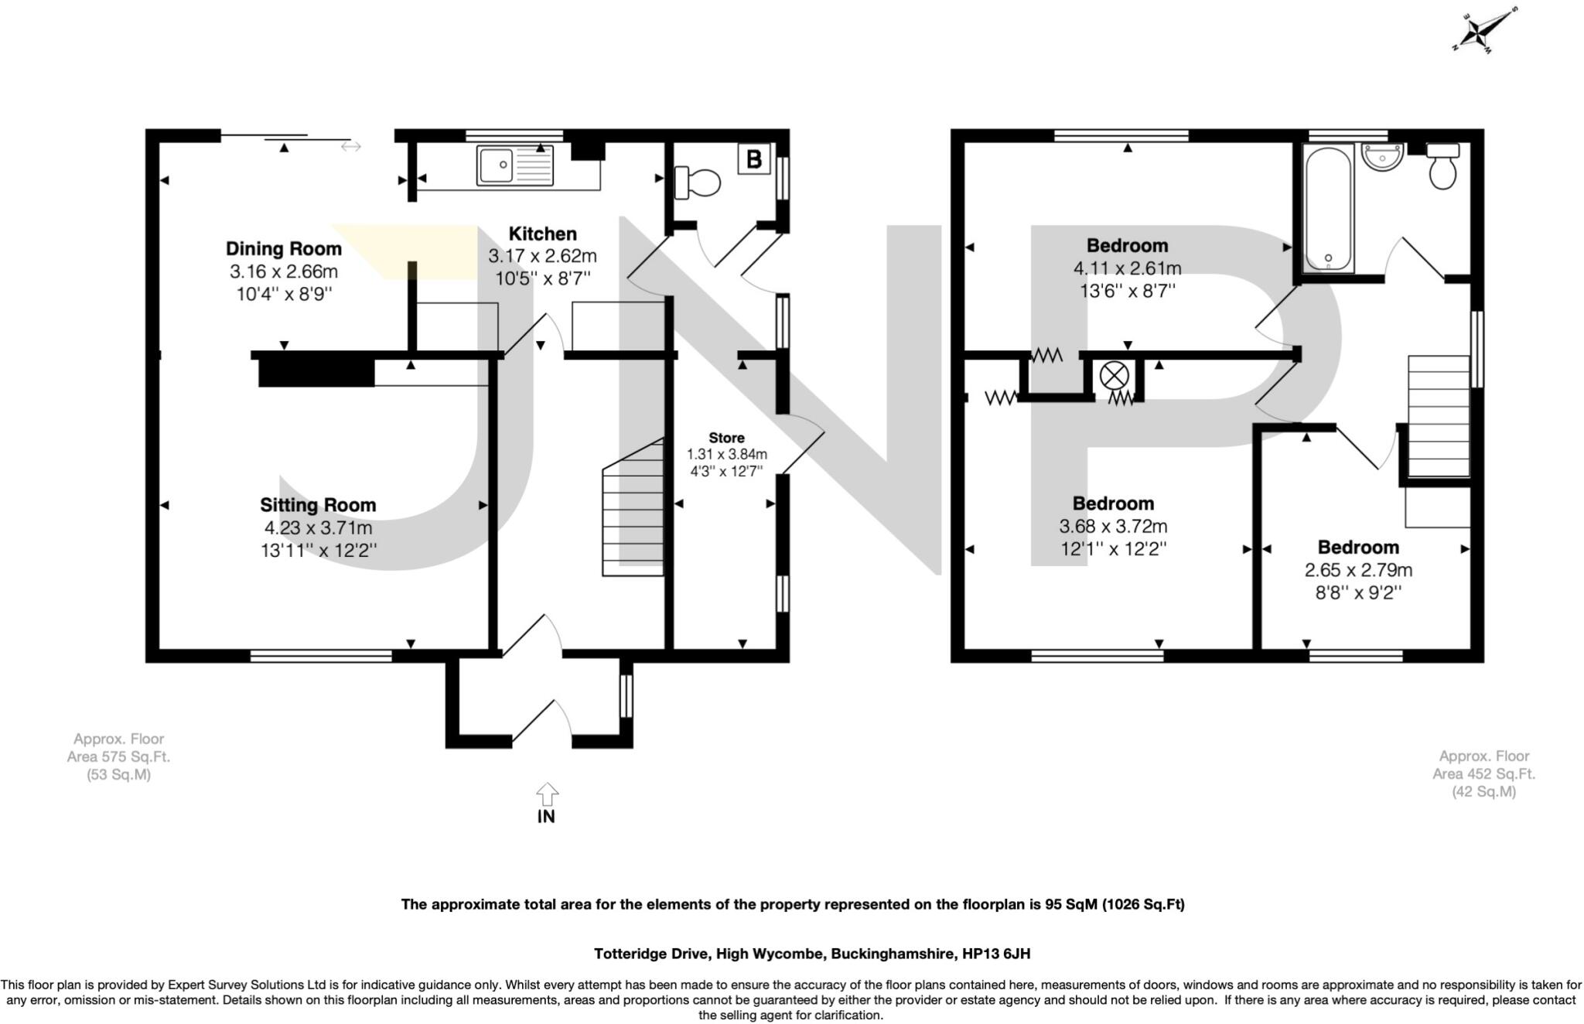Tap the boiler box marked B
tap(754, 159)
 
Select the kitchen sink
tap(515, 166)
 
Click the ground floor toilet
tap(698, 183)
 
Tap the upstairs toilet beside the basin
tap(1442, 166)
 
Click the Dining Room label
tap(283, 248)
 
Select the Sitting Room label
tap(318, 505)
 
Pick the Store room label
tap(726, 438)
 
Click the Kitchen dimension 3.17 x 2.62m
tap(542, 256)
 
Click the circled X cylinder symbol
tap(1115, 377)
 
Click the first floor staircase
tap(1439, 418)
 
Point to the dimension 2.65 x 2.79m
tap(1358, 570)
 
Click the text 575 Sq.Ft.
tap(118, 756)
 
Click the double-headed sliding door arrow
tap(350, 146)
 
